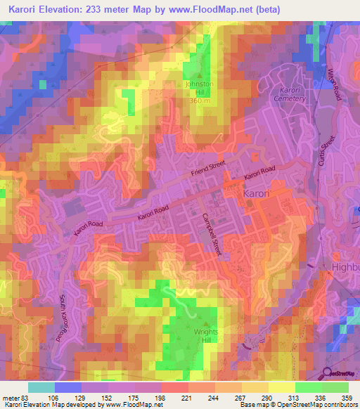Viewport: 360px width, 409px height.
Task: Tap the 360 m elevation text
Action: coord(199,100)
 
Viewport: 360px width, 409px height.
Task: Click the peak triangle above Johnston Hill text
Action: coord(200,77)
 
